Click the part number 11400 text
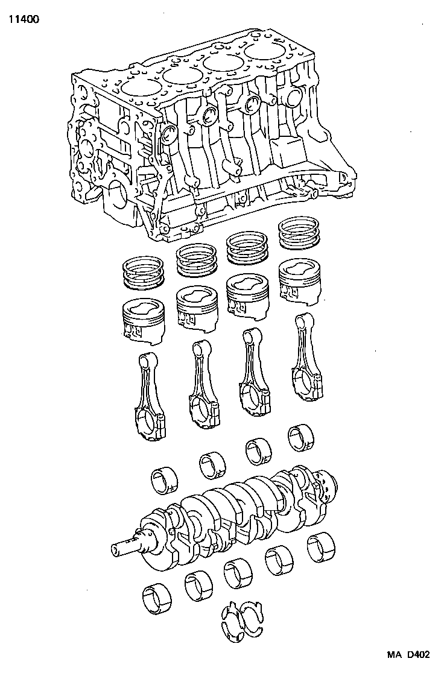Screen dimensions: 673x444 pyautogui.click(x=24, y=19)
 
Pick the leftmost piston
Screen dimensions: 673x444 pyautogui.click(x=144, y=317)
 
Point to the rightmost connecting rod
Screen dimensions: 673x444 pyautogui.click(x=306, y=356)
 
